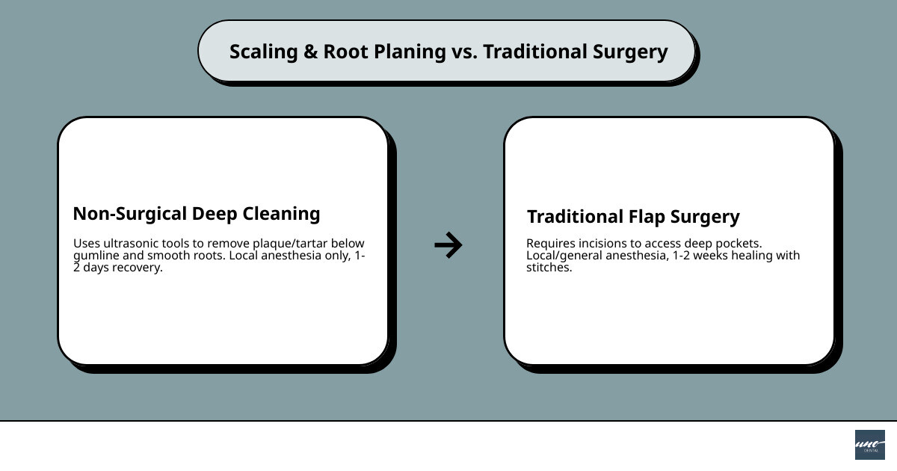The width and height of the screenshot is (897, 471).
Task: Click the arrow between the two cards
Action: (449, 244)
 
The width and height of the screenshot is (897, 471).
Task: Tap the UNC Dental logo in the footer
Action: (869, 445)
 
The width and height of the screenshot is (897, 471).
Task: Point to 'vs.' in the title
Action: (464, 52)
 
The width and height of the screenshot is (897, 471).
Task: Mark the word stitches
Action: (548, 268)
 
